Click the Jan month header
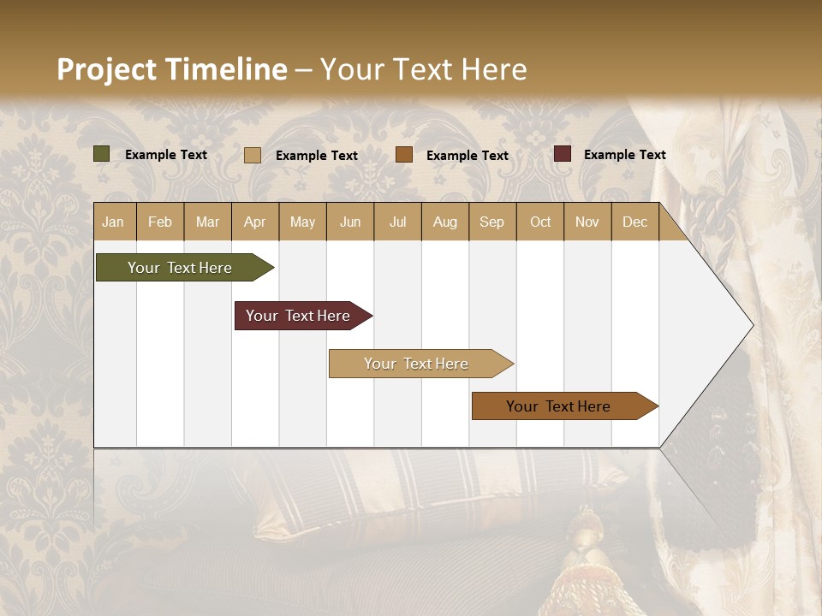(x=113, y=222)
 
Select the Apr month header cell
(x=254, y=222)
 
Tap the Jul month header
(x=397, y=222)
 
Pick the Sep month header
(x=491, y=222)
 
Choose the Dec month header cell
(x=634, y=222)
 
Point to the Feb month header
(x=160, y=222)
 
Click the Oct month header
(x=540, y=222)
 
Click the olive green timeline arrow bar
(x=180, y=268)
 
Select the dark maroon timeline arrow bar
(x=298, y=316)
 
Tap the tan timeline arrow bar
(x=416, y=364)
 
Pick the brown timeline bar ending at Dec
(x=558, y=406)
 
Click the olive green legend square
(x=101, y=154)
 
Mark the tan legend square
(x=253, y=155)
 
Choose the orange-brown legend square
(x=404, y=155)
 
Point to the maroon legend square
(x=563, y=154)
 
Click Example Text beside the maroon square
(x=624, y=155)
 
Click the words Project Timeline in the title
(x=171, y=69)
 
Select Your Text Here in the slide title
(x=423, y=69)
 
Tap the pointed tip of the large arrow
(x=750, y=325)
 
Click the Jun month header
(x=350, y=222)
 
